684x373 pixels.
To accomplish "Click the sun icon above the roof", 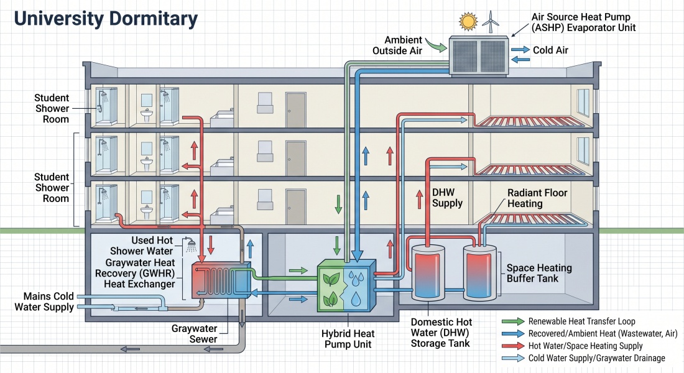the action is coord(468,21).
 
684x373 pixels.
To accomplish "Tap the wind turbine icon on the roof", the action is coord(491,22).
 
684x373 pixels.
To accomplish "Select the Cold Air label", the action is coord(550,50).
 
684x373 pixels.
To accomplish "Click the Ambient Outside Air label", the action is coord(397,45).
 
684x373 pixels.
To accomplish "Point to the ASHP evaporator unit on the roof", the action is coord(479,56).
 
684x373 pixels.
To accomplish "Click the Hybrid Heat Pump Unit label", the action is coord(348,339).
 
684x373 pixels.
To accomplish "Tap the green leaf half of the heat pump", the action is coord(331,287).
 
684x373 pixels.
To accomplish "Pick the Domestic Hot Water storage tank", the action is coord(428,273).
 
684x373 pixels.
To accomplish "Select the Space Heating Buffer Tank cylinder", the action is coord(480,273).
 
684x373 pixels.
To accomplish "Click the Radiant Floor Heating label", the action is coord(537,198).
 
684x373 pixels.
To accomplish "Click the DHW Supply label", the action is coord(447,198).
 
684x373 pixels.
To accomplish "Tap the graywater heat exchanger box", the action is coord(221,280).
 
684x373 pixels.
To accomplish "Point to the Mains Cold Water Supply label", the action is coord(45,302).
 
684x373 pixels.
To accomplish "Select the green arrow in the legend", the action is coord(512,321).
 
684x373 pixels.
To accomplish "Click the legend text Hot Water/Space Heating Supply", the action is coord(585,346).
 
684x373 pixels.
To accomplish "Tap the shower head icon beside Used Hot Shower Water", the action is coord(190,245).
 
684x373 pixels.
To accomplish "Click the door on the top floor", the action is coord(295,110).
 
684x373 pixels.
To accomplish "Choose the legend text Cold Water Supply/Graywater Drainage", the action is coord(597,358).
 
